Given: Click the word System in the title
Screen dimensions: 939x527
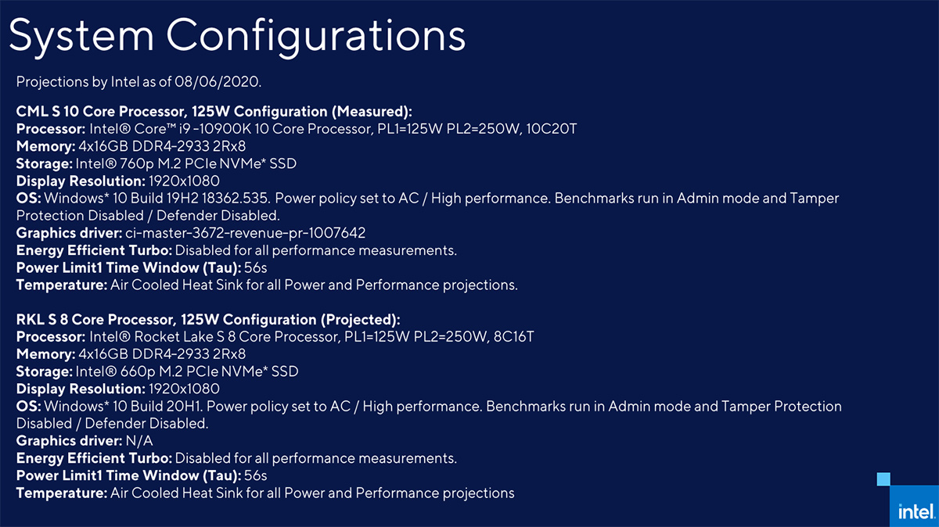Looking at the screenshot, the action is pyautogui.click(x=81, y=37).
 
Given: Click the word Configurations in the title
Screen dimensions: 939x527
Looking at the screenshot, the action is pyautogui.click(x=315, y=37).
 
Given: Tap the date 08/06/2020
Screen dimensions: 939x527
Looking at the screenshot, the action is pyautogui.click(x=218, y=81).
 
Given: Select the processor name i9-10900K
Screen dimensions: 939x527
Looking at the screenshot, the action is pyautogui.click(x=214, y=129).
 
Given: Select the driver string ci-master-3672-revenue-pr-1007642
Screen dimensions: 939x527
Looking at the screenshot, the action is pyautogui.click(x=245, y=233).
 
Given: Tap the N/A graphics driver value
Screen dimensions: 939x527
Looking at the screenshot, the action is pyautogui.click(x=139, y=441).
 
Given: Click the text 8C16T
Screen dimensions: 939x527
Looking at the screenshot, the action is pyautogui.click(x=513, y=337).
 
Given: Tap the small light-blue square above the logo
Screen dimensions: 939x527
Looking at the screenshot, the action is pyautogui.click(x=883, y=479).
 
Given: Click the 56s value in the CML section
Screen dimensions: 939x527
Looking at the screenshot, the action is pyautogui.click(x=255, y=267).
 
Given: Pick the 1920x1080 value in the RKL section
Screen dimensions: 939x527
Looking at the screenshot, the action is pyautogui.click(x=184, y=389).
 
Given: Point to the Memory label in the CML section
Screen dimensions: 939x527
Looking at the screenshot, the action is pyautogui.click(x=45, y=146).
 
